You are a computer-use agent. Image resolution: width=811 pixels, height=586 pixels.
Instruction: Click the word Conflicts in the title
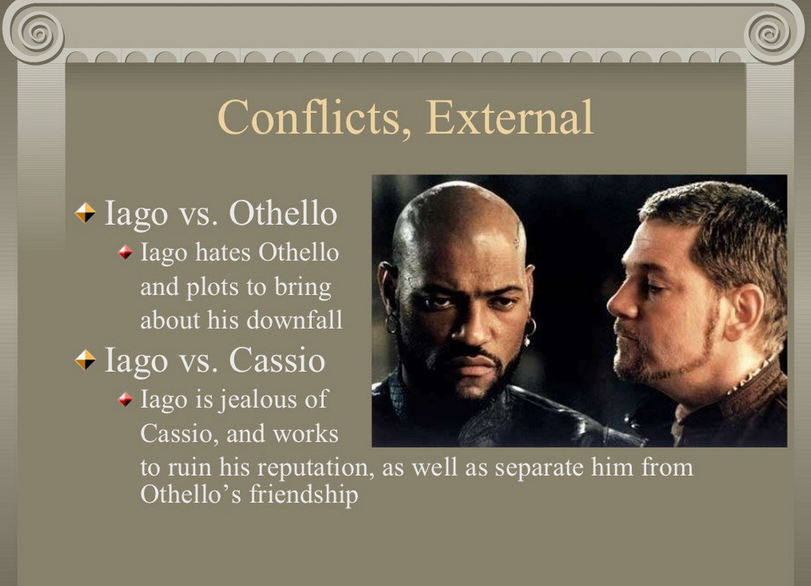308,118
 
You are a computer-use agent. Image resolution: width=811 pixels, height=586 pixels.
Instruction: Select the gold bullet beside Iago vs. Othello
85,213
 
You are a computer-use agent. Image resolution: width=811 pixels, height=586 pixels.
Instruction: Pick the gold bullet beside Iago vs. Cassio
85,360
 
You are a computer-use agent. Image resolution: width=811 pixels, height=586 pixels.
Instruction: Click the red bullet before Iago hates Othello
126,252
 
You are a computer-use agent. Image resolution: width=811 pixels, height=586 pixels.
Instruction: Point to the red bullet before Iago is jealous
126,400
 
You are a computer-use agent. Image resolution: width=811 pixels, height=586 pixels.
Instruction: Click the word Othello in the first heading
283,213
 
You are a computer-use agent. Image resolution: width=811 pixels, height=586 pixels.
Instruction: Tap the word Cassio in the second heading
277,360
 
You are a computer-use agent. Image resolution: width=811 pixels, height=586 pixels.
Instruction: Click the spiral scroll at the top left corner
36,32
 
